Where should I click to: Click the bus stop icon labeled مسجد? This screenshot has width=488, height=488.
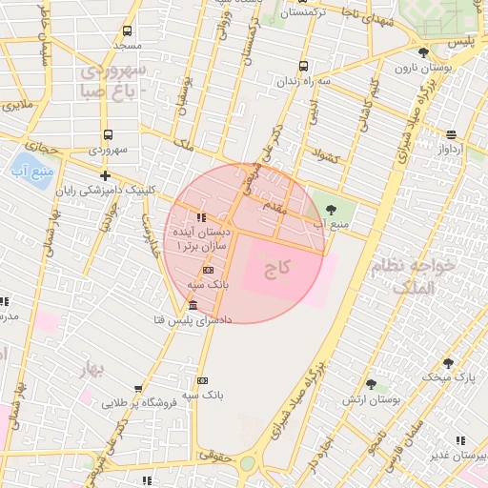[128, 30]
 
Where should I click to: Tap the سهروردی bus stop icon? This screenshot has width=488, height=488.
[107, 134]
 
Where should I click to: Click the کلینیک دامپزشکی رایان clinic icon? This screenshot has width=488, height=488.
[105, 175]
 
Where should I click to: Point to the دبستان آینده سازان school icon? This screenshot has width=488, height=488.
[199, 217]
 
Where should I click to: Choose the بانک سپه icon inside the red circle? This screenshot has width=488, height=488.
[208, 271]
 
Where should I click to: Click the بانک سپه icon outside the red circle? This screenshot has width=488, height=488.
[201, 379]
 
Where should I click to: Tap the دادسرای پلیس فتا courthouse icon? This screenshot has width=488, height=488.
[193, 305]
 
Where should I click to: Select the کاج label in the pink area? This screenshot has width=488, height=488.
[276, 268]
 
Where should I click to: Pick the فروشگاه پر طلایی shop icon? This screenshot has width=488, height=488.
[139, 389]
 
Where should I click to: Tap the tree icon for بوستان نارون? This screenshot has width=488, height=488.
[423, 51]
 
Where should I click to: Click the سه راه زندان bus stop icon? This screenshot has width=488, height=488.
[303, 66]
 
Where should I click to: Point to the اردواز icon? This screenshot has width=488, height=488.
[451, 134]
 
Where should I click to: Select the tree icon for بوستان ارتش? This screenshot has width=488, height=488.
[372, 384]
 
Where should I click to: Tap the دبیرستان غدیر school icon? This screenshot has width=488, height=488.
[460, 440]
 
